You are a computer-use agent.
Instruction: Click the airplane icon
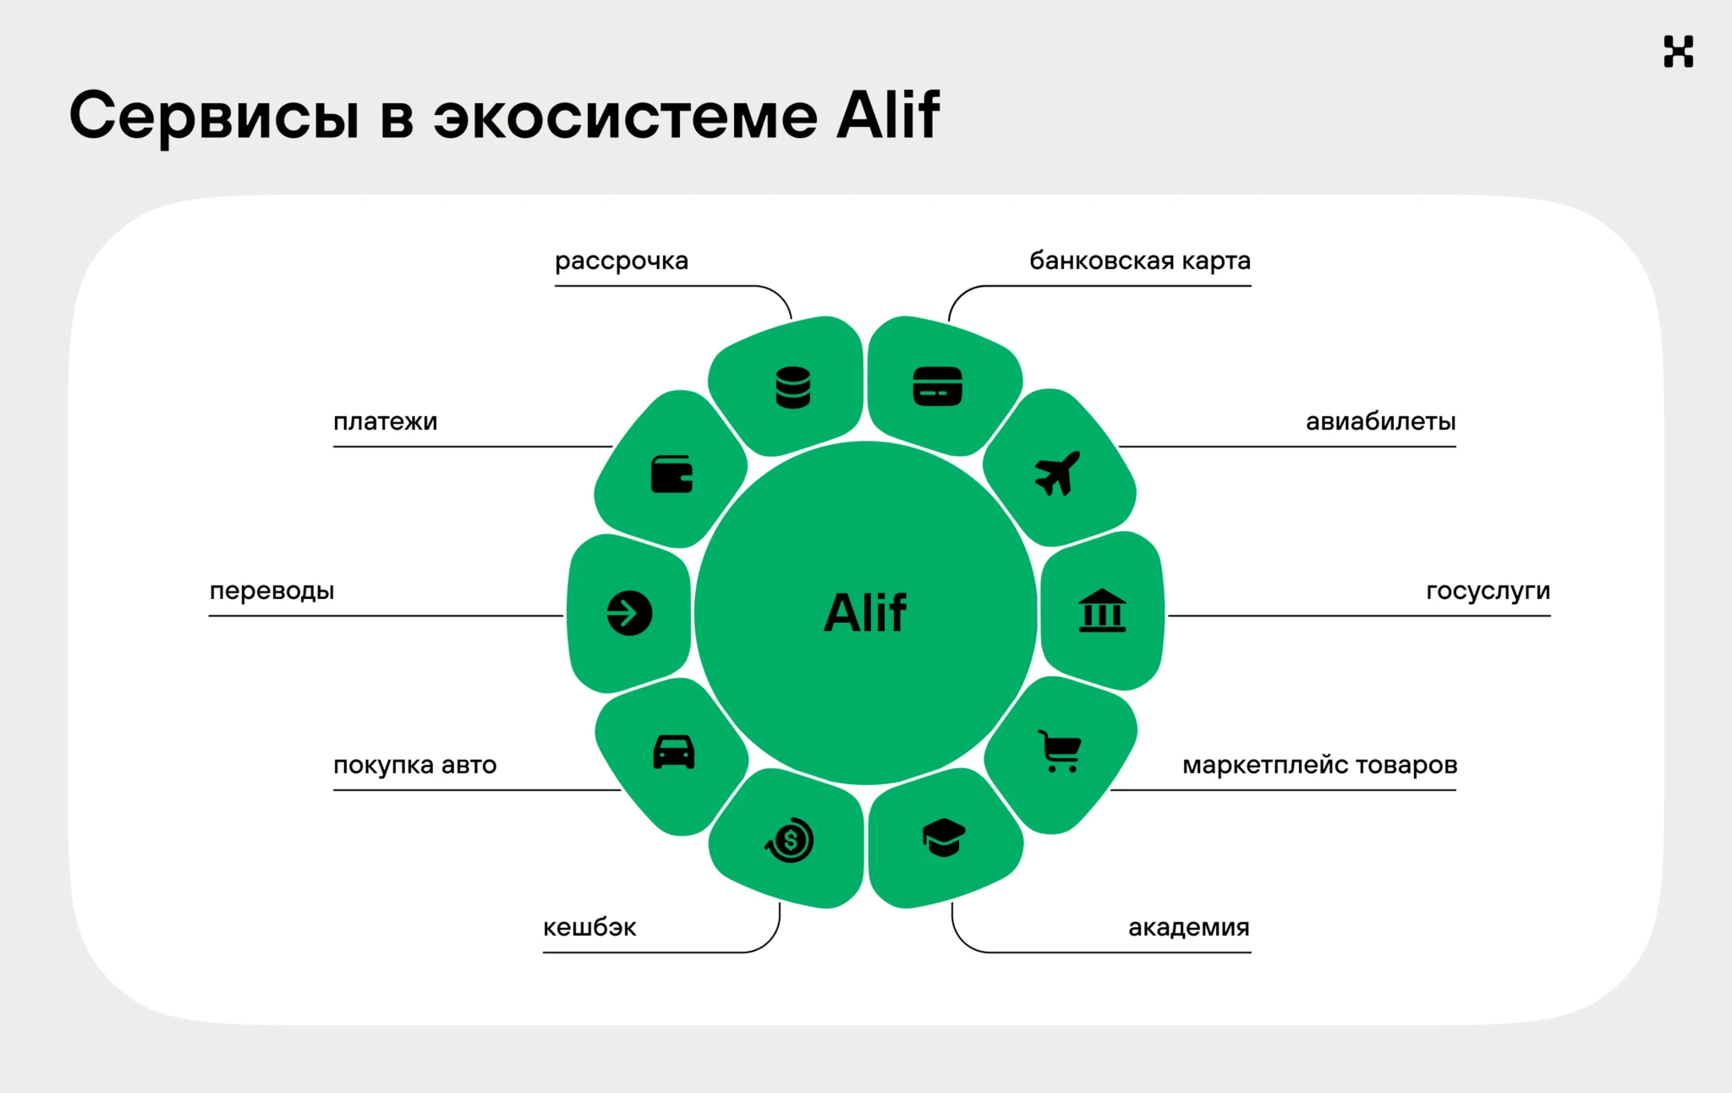[x=1057, y=473]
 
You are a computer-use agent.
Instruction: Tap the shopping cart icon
[x=1060, y=750]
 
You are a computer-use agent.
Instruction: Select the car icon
[x=674, y=751]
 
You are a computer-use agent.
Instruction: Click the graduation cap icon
[x=943, y=838]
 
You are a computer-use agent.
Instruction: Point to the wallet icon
[x=672, y=474]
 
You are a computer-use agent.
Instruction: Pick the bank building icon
[x=1102, y=611]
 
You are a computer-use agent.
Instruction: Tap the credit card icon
[x=937, y=387]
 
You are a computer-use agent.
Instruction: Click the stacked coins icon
[x=793, y=387]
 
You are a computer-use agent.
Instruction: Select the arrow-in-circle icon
[x=629, y=612]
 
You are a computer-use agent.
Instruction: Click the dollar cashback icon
[x=790, y=840]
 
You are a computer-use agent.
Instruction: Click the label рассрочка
[x=622, y=261]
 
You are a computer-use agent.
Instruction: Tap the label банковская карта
[x=1139, y=261]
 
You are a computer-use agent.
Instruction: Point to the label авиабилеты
[x=1380, y=421]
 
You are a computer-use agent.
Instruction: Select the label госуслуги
[x=1488, y=590]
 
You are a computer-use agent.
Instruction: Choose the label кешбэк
[x=589, y=927]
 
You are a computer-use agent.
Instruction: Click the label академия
[x=1188, y=927]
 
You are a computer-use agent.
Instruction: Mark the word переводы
[x=271, y=590]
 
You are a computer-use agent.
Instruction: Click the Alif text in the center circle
[x=865, y=612]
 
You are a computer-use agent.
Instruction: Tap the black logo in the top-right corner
[x=1678, y=52]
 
